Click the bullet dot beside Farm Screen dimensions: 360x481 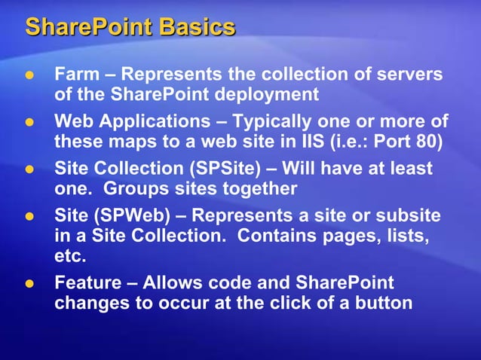[x=30, y=76]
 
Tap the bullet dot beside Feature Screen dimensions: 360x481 [x=30, y=284]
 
